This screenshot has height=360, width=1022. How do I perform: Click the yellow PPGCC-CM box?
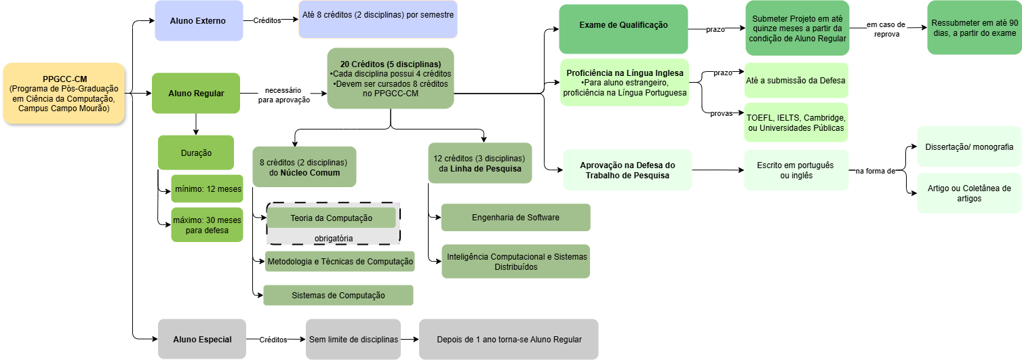click(64, 94)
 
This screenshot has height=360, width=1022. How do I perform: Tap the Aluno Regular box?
click(196, 93)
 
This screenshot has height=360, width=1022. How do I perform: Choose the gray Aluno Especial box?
click(202, 340)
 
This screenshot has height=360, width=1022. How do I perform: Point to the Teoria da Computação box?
click(331, 218)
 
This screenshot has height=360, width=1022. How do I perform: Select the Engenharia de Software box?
click(515, 218)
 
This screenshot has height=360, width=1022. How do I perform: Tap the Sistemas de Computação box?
click(338, 296)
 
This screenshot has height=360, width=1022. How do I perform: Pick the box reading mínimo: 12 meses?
click(208, 189)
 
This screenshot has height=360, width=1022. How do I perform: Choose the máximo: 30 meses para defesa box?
click(208, 224)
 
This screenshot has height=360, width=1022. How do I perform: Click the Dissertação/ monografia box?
click(969, 146)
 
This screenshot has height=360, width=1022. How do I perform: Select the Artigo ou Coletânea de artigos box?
click(969, 193)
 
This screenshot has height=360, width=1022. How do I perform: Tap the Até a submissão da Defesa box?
click(795, 81)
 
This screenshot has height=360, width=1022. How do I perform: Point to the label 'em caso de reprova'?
click(886, 29)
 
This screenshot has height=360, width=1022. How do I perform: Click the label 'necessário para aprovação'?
click(284, 95)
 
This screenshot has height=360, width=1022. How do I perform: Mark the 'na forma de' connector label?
click(875, 171)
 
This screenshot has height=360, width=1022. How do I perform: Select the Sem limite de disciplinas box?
click(353, 340)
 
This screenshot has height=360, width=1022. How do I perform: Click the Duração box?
click(196, 153)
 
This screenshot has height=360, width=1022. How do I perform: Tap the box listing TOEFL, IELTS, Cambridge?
click(795, 123)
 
